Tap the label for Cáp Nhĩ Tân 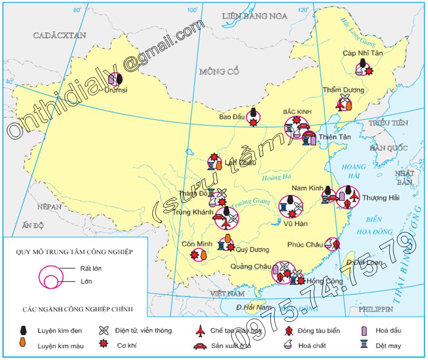362,53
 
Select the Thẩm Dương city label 343,90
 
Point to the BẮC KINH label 297,111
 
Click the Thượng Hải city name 380,198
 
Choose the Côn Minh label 197,244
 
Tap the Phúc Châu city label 305,245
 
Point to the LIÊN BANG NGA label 255,16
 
